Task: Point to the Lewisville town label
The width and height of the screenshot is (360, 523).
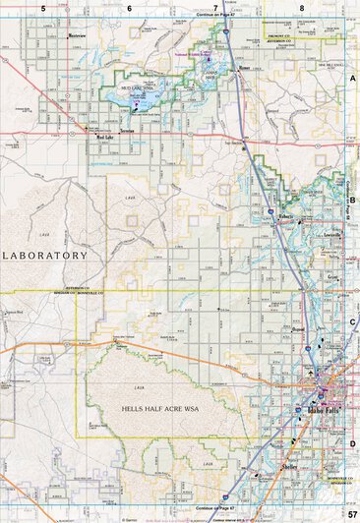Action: coord(331,238)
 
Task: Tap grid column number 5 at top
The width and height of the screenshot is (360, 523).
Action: coord(43,8)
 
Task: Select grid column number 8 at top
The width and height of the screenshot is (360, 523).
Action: coord(302,8)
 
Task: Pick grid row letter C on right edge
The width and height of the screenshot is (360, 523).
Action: coord(352,321)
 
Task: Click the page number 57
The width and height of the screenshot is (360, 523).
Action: coord(350,515)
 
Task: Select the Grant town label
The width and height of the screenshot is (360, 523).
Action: coord(333,277)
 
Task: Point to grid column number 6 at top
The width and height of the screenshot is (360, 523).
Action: coord(129,8)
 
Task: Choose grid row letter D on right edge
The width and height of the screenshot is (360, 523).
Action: coord(352,443)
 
